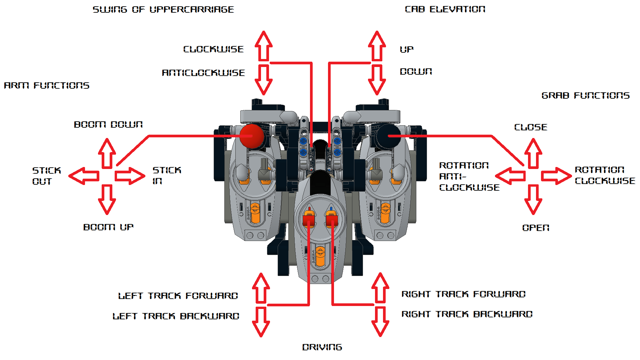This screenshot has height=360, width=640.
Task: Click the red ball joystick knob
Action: (252, 136)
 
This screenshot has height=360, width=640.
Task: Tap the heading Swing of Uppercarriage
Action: (163, 9)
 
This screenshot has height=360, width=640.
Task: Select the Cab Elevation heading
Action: (445, 9)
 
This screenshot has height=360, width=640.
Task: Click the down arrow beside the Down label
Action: (377, 80)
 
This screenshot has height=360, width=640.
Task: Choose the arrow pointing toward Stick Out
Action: (84, 176)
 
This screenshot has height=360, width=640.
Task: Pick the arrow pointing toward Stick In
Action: (130, 176)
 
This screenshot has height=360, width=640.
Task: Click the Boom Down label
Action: (108, 124)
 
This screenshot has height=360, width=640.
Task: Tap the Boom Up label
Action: (108, 227)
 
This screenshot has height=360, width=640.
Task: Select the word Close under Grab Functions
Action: (531, 127)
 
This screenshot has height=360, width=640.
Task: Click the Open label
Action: (536, 228)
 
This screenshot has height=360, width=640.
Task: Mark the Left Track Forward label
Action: (178, 296)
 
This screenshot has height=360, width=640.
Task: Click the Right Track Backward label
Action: (467, 314)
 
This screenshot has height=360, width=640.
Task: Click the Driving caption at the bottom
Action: (322, 347)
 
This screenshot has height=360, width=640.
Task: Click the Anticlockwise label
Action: (203, 73)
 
